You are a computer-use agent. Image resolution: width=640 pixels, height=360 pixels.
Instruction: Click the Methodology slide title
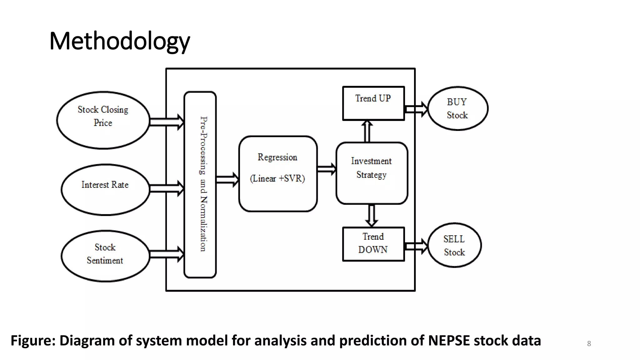119,41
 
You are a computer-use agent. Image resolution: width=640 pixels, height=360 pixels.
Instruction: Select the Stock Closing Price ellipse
103,120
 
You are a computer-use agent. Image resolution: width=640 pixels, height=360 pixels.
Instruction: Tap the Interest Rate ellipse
105,190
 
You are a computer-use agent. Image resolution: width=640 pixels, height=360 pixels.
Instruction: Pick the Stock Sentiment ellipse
105,256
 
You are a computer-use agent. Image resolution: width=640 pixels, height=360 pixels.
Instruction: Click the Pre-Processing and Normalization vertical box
200,184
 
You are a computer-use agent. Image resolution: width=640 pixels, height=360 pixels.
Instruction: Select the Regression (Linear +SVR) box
278,174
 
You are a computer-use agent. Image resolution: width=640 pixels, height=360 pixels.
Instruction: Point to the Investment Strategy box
372,173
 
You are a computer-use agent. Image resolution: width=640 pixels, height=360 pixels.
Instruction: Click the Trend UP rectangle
373,103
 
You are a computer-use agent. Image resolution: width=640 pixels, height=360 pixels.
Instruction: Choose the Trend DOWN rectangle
373,244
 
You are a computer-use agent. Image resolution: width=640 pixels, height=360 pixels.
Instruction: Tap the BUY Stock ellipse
457,108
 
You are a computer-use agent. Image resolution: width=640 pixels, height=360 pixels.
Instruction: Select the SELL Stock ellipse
454,245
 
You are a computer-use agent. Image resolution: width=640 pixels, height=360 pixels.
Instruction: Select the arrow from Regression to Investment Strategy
327,169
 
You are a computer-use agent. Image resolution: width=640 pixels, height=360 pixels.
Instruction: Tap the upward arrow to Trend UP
367,131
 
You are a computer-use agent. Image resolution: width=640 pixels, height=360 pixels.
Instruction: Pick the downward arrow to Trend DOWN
372,215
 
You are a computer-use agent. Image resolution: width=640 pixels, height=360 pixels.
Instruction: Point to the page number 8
589,343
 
